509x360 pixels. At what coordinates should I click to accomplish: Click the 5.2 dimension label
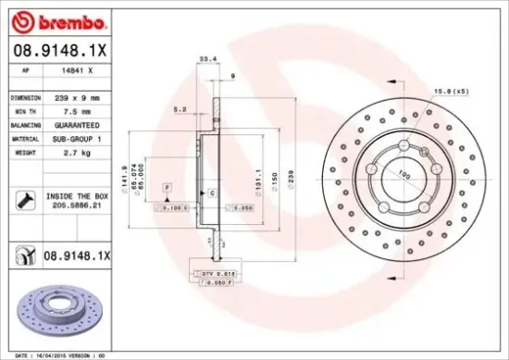pyautogui.click(x=181, y=109)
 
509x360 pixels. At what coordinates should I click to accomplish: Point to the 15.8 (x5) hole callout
pyautogui.click(x=454, y=92)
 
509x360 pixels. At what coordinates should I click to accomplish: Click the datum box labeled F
pyautogui.click(x=168, y=187)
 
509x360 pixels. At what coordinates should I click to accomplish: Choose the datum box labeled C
pyautogui.click(x=212, y=192)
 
